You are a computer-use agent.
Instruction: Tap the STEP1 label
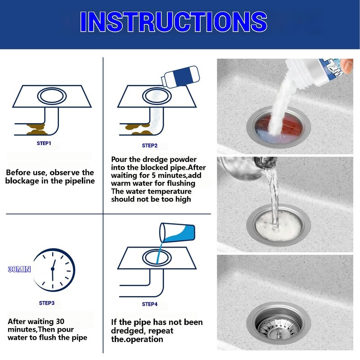coord(44,143)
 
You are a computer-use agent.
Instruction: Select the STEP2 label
coord(150,145)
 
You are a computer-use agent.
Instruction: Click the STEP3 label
coord(47,303)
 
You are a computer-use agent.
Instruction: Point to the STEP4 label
coord(150,304)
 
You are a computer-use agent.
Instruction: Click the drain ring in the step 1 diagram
coord(51,96)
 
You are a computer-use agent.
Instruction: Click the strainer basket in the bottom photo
coord(277,321)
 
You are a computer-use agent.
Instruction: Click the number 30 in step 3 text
coord(58,321)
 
